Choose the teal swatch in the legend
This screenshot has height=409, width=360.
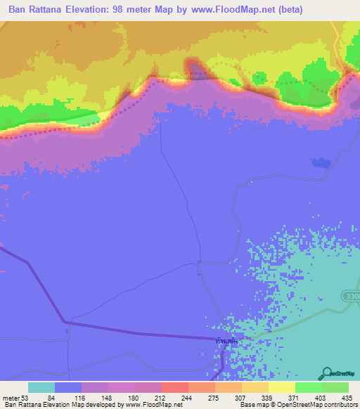point(41,387)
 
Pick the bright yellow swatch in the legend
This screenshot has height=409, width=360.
point(281,387)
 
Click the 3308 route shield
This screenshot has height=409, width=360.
point(353,297)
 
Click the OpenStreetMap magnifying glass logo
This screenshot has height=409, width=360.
point(327,373)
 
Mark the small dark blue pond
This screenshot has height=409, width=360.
point(321,163)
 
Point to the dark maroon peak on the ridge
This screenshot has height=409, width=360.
point(195,68)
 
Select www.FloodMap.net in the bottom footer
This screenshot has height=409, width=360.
point(154,405)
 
